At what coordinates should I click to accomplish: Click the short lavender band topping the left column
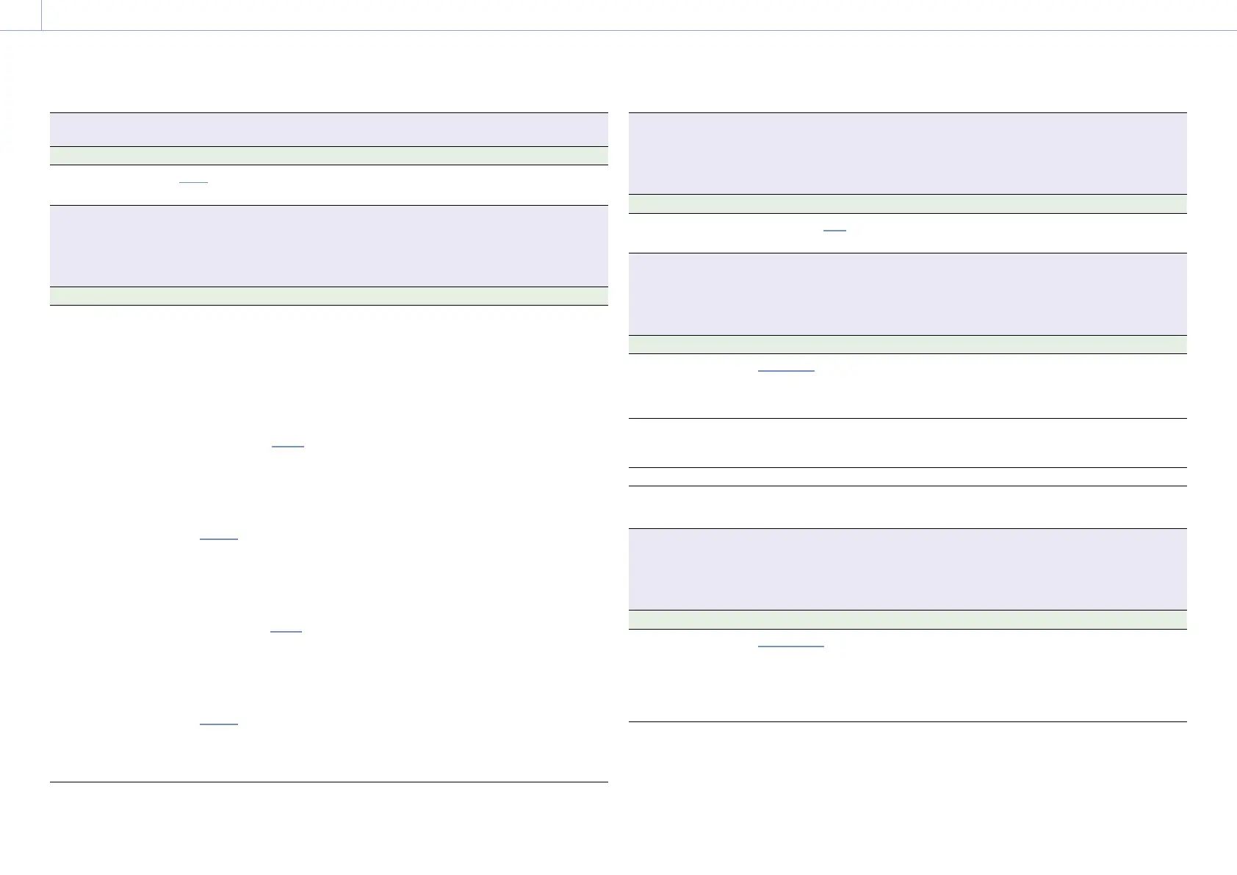click(x=328, y=130)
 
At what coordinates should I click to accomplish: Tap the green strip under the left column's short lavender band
click(x=328, y=156)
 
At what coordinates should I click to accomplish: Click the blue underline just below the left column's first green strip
click(x=194, y=182)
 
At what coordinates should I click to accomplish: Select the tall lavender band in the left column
click(x=328, y=245)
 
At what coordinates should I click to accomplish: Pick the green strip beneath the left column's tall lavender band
click(x=328, y=296)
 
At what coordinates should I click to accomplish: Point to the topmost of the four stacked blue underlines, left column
click(x=287, y=446)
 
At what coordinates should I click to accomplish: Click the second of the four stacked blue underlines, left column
click(x=219, y=539)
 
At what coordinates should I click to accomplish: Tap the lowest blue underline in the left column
click(x=219, y=724)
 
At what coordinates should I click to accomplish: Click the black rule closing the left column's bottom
click(x=328, y=782)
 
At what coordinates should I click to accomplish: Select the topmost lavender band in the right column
click(x=908, y=153)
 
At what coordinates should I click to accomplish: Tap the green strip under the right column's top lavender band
click(x=908, y=204)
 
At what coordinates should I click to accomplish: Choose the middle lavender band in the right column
click(x=908, y=294)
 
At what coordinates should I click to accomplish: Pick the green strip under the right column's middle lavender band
click(x=908, y=345)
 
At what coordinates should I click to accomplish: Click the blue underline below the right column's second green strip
click(x=786, y=371)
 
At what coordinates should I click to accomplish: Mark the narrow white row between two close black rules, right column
click(x=908, y=477)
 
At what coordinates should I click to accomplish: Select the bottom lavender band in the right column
click(x=908, y=569)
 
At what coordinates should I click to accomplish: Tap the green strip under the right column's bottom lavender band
click(x=908, y=619)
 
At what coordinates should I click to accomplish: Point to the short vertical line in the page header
click(x=42, y=15)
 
